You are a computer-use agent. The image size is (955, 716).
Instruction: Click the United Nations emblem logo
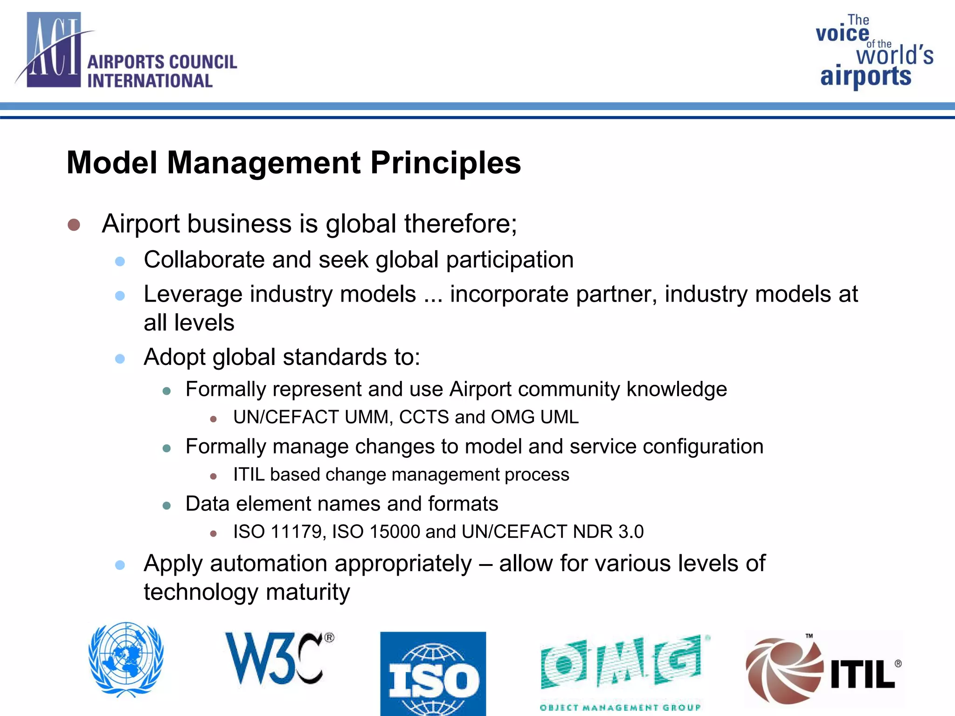(126, 659)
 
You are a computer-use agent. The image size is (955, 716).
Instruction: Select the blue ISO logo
(433, 673)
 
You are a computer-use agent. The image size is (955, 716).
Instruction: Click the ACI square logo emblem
(54, 50)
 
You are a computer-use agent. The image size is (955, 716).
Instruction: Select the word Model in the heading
(112, 163)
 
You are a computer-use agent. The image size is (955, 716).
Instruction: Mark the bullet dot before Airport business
(74, 225)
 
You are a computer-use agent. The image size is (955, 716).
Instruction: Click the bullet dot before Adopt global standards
(120, 358)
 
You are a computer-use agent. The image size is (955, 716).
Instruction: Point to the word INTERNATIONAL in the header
(150, 81)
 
